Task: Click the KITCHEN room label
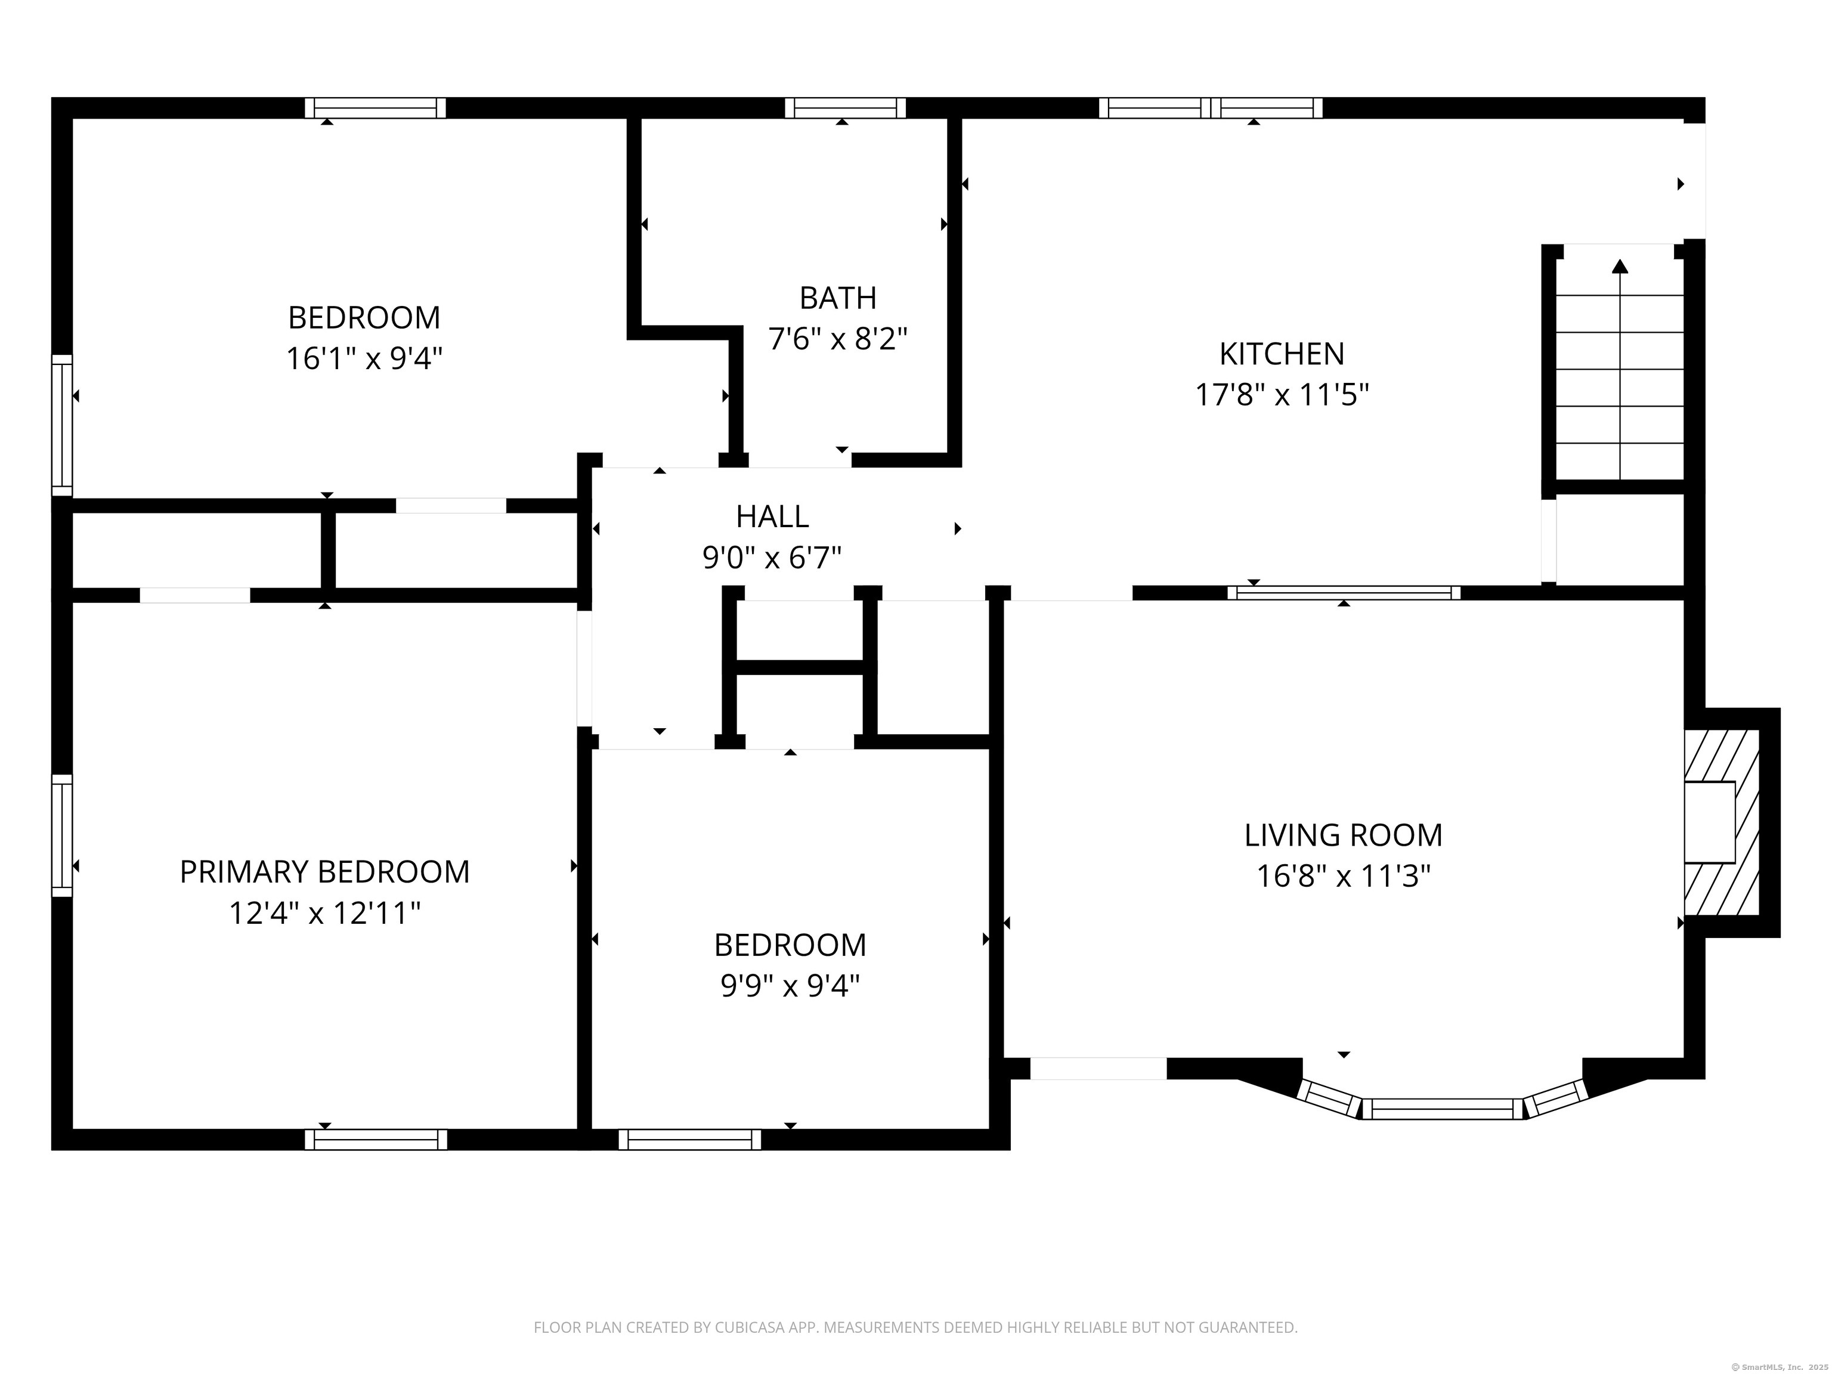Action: pyautogui.click(x=1281, y=354)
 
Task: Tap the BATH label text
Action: pyautogui.click(x=838, y=298)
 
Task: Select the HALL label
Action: pyautogui.click(x=772, y=517)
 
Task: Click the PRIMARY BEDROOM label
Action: pyautogui.click(x=324, y=872)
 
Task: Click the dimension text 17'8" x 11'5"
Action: pyautogui.click(x=1281, y=395)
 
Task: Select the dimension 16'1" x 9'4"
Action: pyautogui.click(x=364, y=358)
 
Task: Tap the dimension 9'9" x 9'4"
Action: pyautogui.click(x=790, y=986)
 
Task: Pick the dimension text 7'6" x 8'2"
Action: pyautogui.click(x=838, y=339)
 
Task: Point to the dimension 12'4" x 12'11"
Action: pyautogui.click(x=324, y=914)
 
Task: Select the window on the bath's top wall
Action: pyautogui.click(x=845, y=108)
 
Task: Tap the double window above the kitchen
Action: pyautogui.click(x=1210, y=108)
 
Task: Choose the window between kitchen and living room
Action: pyautogui.click(x=1344, y=593)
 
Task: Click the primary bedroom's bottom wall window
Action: pyautogui.click(x=376, y=1140)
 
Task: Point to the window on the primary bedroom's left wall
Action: pyautogui.click(x=62, y=835)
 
